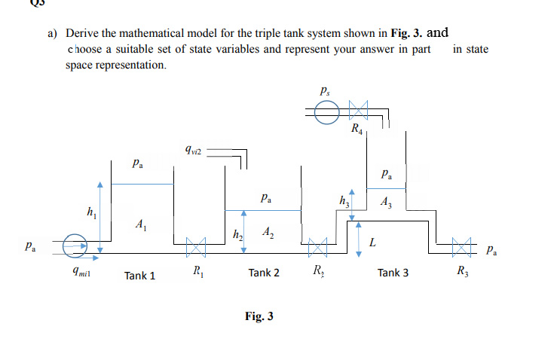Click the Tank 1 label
[x=140, y=276]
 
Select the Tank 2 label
[x=264, y=273]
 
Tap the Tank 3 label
[x=393, y=273]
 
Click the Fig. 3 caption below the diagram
[x=259, y=316]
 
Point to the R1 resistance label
[x=197, y=272]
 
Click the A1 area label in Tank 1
[x=139, y=224]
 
